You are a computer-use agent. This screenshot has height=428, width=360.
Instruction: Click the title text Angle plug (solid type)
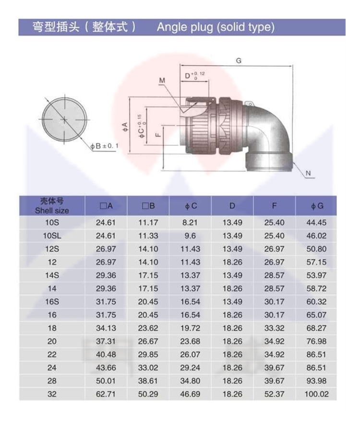point(216,27)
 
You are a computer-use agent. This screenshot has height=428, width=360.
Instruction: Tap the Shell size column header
point(52,206)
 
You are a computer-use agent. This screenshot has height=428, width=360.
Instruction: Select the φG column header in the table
point(317,206)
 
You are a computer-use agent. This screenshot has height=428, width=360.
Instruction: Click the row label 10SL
point(52,236)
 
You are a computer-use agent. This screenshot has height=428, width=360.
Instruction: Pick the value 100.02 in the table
point(317,394)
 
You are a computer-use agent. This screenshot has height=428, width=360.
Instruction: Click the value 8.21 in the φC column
point(190,223)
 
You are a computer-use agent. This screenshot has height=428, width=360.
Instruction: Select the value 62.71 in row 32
point(106,394)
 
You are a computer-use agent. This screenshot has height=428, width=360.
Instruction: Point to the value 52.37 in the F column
point(274,394)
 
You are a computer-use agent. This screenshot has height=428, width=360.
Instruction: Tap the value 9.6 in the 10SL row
point(190,236)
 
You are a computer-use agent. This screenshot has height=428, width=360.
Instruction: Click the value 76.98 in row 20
point(316,341)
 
